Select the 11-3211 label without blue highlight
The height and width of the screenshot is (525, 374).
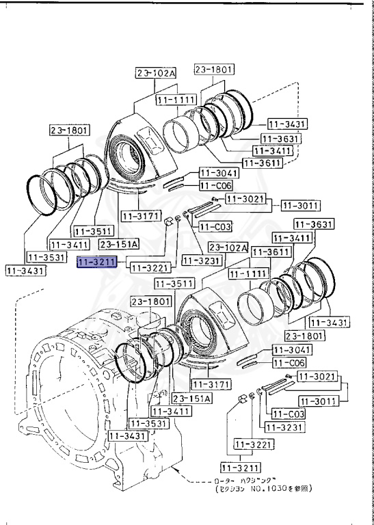coord(240,468)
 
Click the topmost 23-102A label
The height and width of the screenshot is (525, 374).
coord(155,73)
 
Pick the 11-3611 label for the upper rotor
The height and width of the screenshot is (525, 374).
coord(263,163)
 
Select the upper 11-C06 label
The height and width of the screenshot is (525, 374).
coord(215,186)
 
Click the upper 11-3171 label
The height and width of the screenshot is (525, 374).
coord(141,217)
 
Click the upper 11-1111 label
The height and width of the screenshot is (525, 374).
coord(176,100)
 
